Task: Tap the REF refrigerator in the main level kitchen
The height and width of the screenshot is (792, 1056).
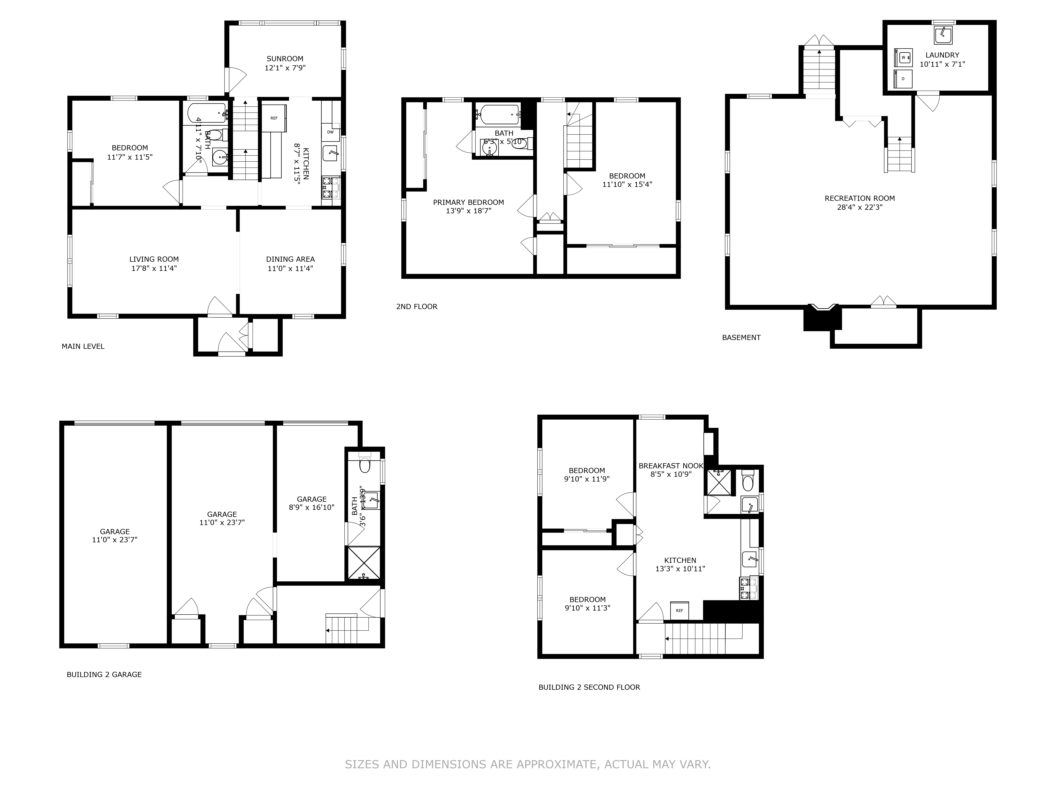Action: click(274, 118)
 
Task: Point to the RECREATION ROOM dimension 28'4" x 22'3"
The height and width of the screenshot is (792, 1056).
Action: click(859, 207)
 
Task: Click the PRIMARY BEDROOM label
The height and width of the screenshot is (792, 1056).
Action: click(468, 202)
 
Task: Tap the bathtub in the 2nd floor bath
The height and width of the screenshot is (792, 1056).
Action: click(499, 114)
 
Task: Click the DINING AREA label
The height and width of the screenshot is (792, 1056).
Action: click(290, 259)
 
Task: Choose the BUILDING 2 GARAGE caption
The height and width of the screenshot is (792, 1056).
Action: click(104, 675)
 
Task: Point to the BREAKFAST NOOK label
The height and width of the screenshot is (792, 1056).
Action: click(671, 466)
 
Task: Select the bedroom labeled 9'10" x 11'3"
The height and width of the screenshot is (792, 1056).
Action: click(587, 604)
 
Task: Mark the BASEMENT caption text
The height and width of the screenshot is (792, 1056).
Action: click(741, 338)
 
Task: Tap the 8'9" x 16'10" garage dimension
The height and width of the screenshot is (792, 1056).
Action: click(311, 507)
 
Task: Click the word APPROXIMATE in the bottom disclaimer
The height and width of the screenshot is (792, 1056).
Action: click(557, 764)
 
